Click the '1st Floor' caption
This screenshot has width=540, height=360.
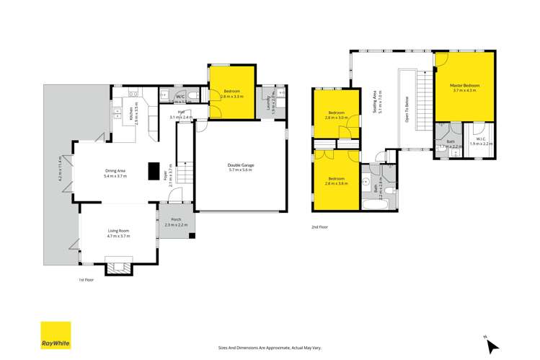pyautogui.click(x=87, y=279)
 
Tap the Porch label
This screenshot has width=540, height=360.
pyautogui.click(x=175, y=221)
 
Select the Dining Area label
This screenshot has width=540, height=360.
pyautogui.click(x=115, y=172)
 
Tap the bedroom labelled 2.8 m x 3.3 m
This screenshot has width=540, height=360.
pyautogui.click(x=232, y=93)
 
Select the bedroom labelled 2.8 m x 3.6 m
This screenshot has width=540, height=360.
pyautogui.click(x=337, y=180)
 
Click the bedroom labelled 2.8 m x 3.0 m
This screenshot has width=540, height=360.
pyautogui.click(x=337, y=115)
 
